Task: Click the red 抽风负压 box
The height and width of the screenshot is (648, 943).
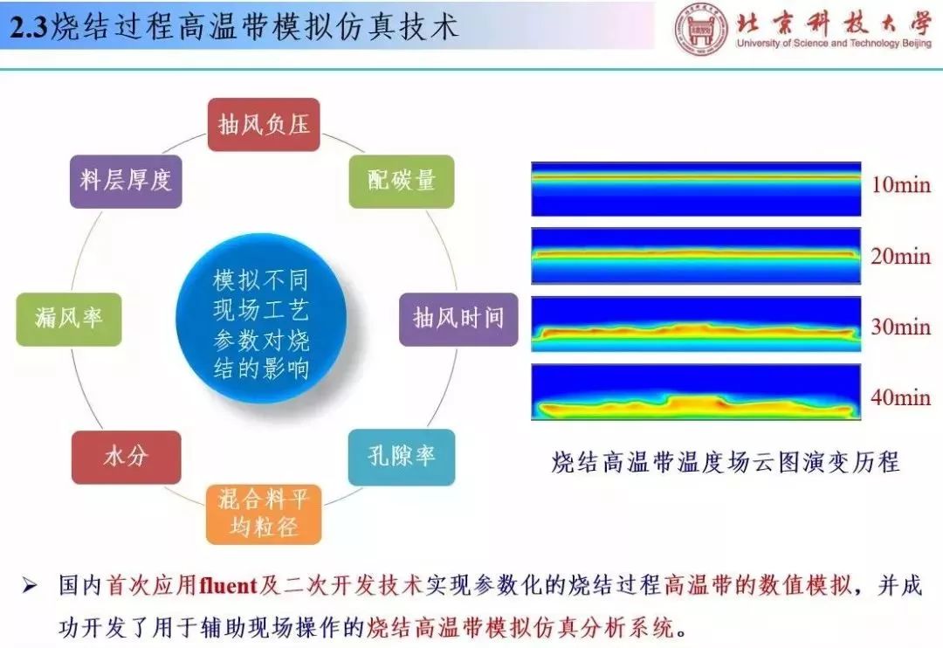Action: point(264,125)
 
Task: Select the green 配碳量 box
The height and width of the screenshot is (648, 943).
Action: point(402,181)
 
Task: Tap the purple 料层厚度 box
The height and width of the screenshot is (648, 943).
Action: point(126,181)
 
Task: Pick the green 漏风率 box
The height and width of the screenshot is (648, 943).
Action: point(69,319)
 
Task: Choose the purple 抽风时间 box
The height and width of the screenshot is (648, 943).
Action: point(458,319)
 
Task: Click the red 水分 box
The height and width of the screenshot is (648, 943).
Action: point(127,457)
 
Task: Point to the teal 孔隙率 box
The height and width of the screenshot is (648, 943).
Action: point(402,457)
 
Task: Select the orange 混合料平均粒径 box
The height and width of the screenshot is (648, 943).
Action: point(264,514)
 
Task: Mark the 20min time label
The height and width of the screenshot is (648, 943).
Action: point(901,256)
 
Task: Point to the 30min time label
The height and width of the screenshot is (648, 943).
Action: point(901,327)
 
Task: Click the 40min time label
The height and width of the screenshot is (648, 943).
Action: point(901,397)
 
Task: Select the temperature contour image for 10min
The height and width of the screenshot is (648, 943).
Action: point(696,189)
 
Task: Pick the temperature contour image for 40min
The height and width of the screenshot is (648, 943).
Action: point(696,392)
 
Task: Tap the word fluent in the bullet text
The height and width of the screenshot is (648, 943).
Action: point(229,585)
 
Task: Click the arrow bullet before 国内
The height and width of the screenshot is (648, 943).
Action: point(30,585)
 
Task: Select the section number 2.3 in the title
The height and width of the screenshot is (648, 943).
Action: point(29,28)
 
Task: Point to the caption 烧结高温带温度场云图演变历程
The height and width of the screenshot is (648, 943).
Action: point(726,462)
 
